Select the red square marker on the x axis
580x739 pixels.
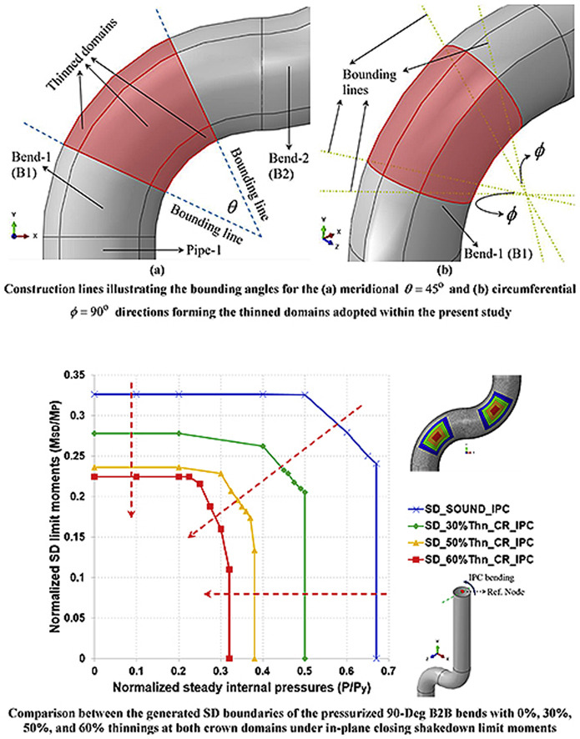click(229, 658)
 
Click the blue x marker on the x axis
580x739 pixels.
click(376, 658)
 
